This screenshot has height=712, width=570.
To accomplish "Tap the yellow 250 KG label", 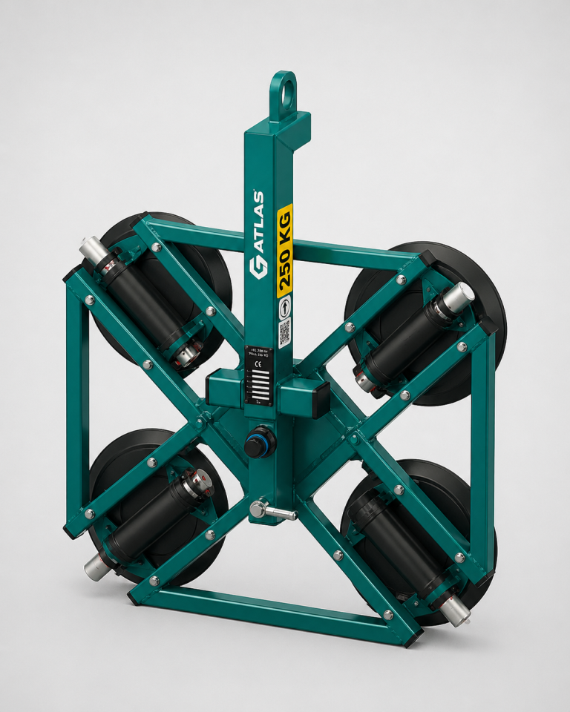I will [x=284, y=251].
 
